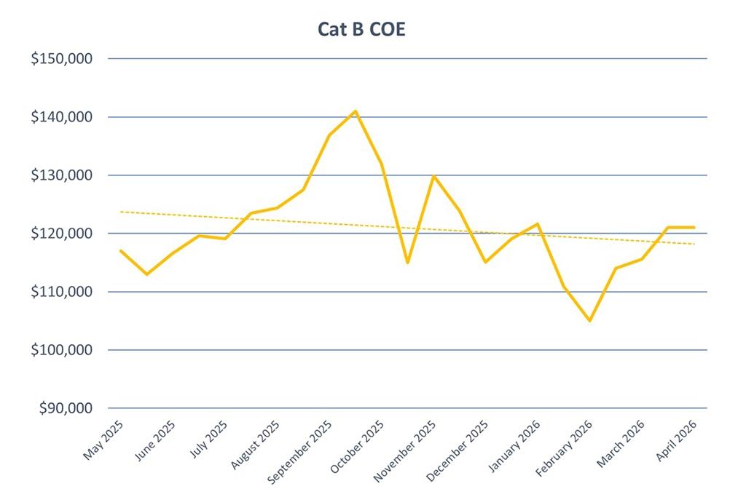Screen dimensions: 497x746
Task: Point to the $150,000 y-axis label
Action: click(61, 59)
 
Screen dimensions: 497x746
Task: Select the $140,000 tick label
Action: click(61, 117)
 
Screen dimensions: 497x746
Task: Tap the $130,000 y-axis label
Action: click(61, 175)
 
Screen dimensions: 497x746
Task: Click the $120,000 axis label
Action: click(61, 234)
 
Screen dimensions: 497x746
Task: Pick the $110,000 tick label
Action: click(61, 292)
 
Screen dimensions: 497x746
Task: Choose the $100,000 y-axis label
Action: click(61, 350)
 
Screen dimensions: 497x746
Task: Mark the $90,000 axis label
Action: click(65, 408)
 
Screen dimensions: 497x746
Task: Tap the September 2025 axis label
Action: click(301, 452)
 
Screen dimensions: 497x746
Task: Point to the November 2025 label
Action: click(406, 450)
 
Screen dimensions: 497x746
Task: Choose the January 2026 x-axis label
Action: click(515, 445)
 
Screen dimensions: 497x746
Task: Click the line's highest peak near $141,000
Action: click(356, 111)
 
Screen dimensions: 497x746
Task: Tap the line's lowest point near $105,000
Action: click(589, 321)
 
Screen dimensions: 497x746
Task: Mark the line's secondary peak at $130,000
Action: click(433, 175)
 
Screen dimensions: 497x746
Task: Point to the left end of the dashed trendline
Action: click(121, 212)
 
